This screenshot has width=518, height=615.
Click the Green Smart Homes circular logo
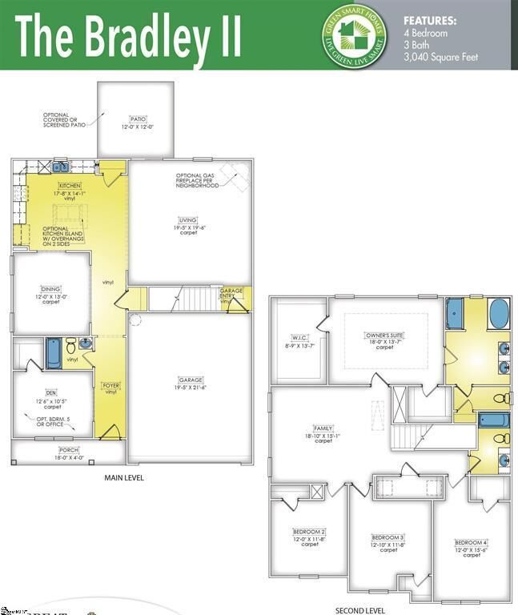pos(354,34)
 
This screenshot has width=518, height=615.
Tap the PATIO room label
pos(138,119)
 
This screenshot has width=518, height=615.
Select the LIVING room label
pos(188,219)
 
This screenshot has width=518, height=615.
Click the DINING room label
pos(51,289)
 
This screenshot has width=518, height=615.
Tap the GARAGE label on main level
pos(190,380)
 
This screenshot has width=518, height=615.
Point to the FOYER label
pos(110,385)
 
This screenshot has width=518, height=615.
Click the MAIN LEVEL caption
pos(124,478)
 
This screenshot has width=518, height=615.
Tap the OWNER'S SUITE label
pos(385,334)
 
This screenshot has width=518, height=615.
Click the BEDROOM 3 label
pos(388,537)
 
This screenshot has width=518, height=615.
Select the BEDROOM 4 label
pos(471,542)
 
